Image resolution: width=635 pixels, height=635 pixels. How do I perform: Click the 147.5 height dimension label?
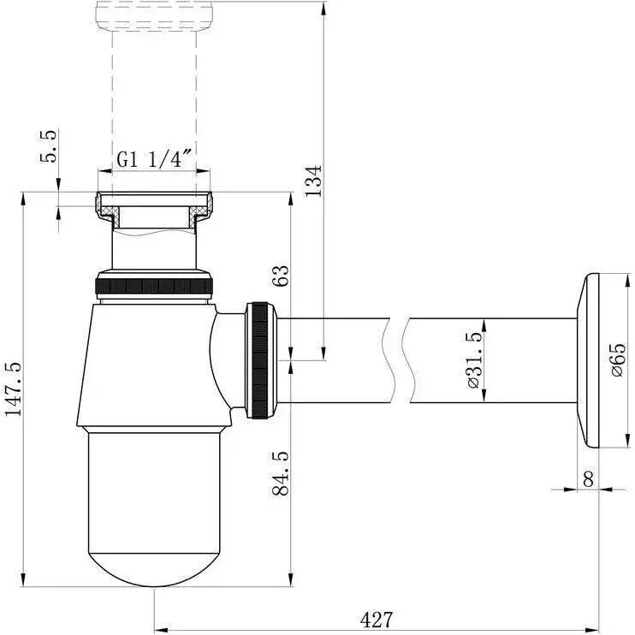coord(13,389)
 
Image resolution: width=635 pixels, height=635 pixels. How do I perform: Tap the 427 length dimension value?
coord(377,620)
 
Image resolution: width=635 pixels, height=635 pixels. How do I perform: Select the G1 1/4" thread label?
coord(154,158)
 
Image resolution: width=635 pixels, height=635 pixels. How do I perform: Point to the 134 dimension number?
coord(313,181)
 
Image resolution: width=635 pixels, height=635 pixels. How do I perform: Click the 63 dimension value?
coord(281,276)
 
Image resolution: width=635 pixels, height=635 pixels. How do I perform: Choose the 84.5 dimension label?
coord(280,473)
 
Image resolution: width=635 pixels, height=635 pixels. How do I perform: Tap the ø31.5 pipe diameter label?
coord(475,360)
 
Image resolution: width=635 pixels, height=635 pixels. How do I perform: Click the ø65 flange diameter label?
coord(619,360)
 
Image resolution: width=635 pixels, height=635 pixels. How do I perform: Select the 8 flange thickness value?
coord(588,479)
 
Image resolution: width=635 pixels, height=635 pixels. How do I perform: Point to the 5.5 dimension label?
coord(50,145)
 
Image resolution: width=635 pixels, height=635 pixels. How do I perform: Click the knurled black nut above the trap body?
coord(154,286)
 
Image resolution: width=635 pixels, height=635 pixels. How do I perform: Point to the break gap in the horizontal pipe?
coord(399,360)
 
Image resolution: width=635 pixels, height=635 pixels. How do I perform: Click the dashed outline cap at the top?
coord(154,16)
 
